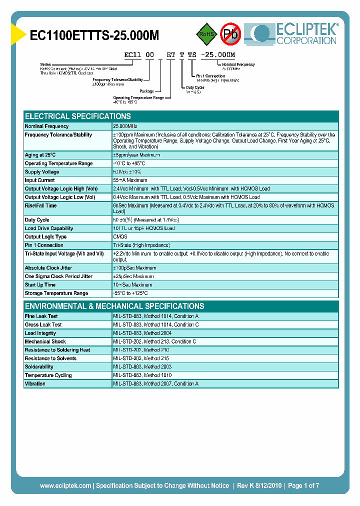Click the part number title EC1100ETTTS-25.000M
pos(94,35)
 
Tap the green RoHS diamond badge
pos(205,34)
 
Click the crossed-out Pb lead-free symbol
pos(230,34)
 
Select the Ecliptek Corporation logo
pos(295,34)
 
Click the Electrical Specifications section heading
pos(78,116)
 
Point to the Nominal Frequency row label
pos(47,126)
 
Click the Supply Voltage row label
pos(42,172)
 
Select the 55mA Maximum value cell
pos(130,180)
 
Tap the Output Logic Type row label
pos(45,237)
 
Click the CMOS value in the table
pos(120,237)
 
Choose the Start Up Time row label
pos(40,285)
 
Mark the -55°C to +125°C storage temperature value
pos(130,293)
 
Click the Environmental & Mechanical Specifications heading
pos(114,306)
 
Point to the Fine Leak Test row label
pos(41,316)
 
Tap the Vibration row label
pos(35,384)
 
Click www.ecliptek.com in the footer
pos(65,485)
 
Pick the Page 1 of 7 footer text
pos(303,485)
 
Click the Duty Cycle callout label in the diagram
pos(195,87)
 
